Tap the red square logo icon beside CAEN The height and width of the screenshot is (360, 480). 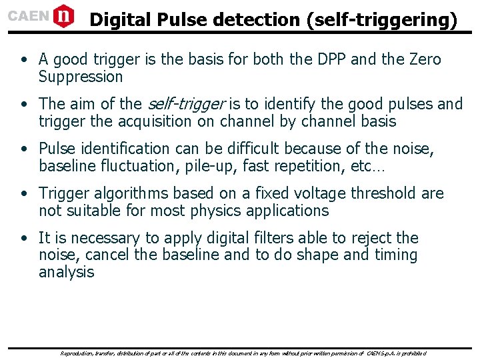tap(64, 15)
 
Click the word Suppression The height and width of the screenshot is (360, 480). tap(81, 77)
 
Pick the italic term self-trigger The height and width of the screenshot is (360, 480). tap(186, 104)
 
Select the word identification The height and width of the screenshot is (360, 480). tap(126, 149)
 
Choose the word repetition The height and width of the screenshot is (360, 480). tap(309, 166)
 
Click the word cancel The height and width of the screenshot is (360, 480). tap(107, 255)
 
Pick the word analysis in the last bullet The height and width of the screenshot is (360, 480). tap(67, 272)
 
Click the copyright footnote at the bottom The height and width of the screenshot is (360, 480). tap(243, 353)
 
